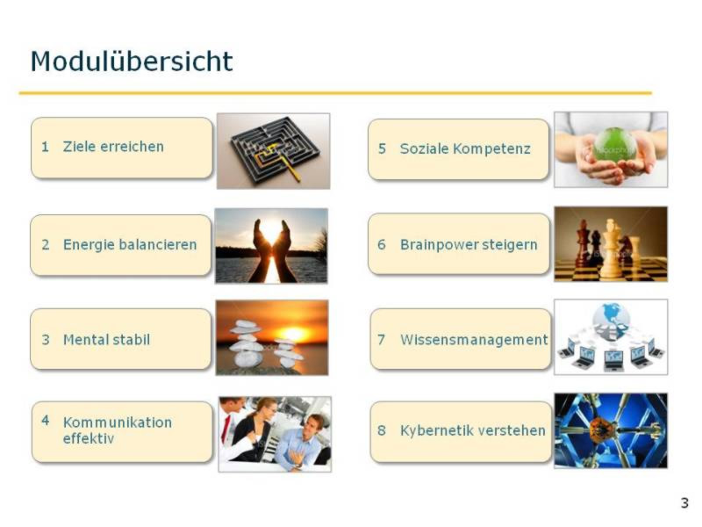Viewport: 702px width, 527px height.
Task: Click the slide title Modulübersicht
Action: (x=132, y=61)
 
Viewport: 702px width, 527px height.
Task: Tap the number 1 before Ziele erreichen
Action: (x=45, y=147)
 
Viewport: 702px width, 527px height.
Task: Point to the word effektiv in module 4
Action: (x=89, y=438)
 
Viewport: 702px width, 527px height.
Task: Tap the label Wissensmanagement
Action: (x=474, y=340)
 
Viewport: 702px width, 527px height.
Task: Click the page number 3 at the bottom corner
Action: (x=684, y=503)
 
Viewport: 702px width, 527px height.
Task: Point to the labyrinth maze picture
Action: (x=274, y=151)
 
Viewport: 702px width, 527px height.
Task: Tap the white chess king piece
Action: (x=611, y=249)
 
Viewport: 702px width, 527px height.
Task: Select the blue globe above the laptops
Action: (x=611, y=320)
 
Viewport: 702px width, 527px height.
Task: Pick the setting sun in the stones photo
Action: (x=293, y=334)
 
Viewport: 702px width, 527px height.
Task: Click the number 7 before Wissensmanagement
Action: (x=381, y=340)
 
